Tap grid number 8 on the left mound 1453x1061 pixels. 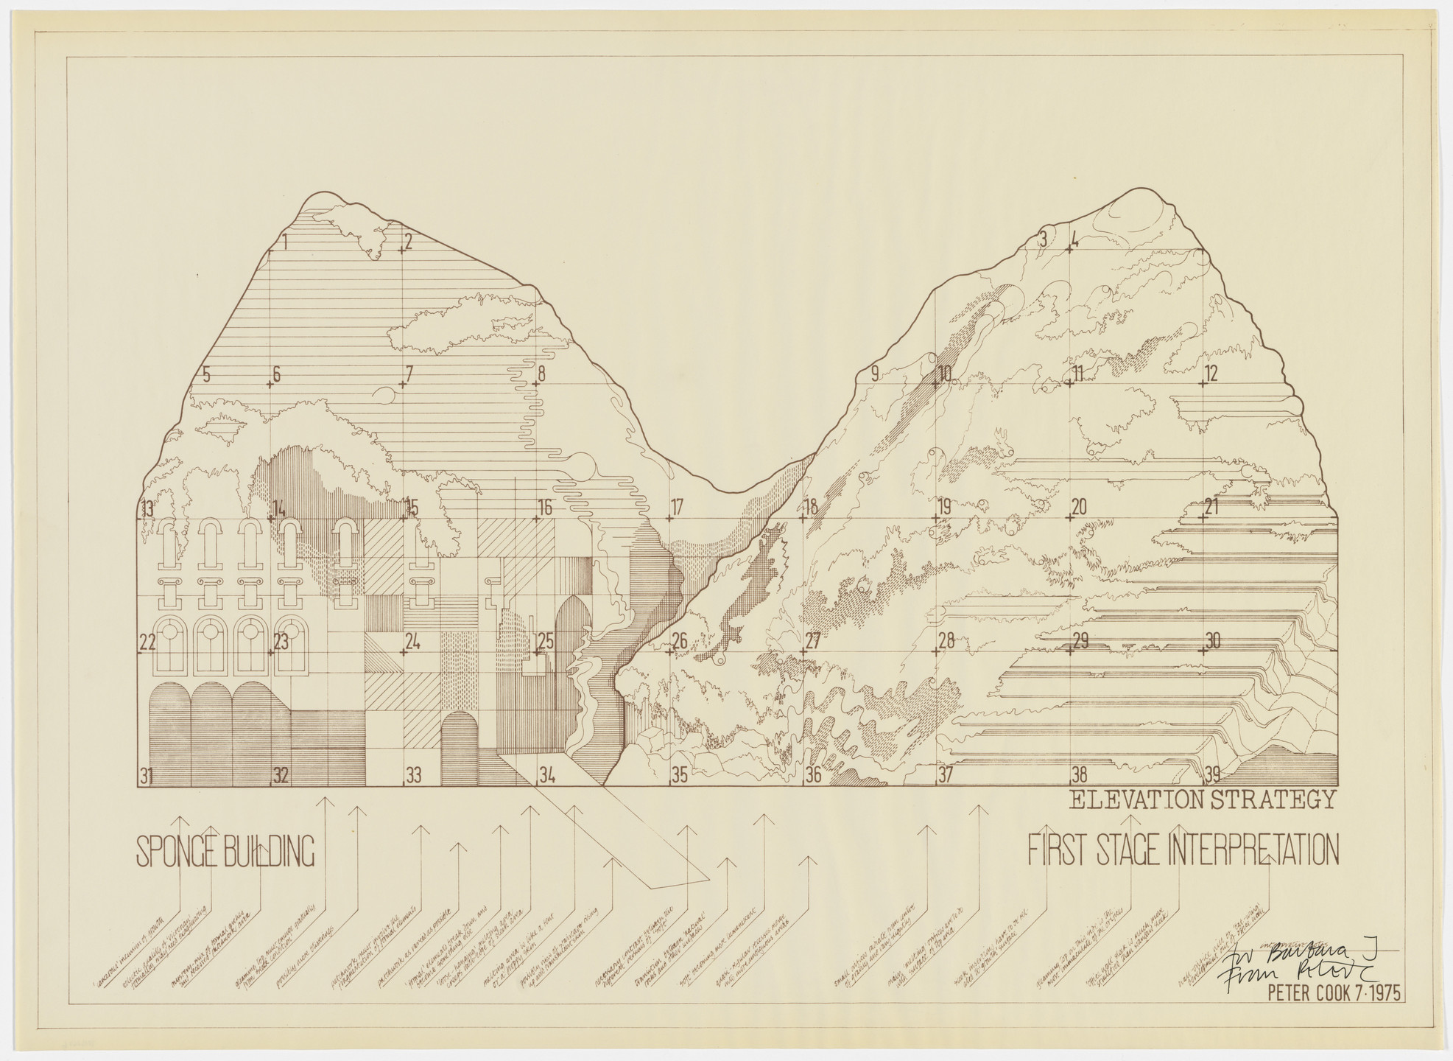[x=541, y=374]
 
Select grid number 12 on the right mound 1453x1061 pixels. [x=1211, y=374]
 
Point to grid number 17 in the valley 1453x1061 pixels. [x=678, y=508]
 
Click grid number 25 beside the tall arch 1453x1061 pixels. [x=546, y=641]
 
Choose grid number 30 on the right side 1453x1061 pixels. [x=1213, y=641]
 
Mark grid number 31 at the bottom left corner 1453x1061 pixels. [x=147, y=775]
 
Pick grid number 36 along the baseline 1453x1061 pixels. [x=813, y=775]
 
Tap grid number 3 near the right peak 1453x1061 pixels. [x=1042, y=239]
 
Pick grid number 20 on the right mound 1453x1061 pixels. [x=1079, y=508]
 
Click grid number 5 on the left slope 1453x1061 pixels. [x=206, y=374]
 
